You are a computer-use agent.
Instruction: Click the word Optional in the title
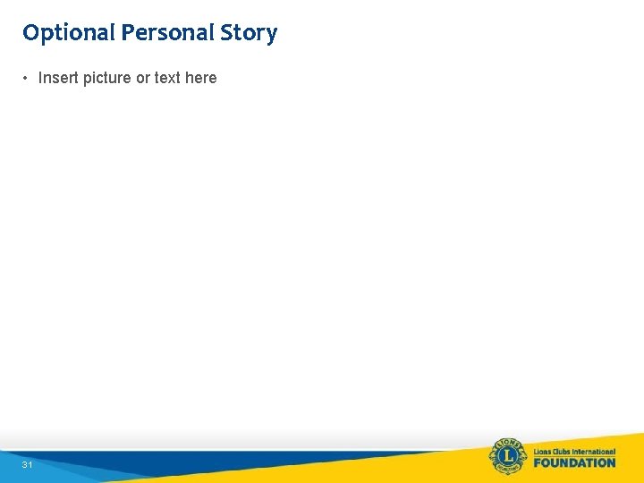[x=70, y=33]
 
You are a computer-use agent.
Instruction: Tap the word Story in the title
[x=251, y=33]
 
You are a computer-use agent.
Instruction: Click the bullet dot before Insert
[x=26, y=78]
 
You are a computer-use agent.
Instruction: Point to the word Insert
[x=58, y=78]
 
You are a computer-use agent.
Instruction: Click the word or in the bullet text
[x=143, y=78]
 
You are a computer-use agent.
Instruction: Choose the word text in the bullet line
[x=167, y=78]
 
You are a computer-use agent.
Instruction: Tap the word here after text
[x=200, y=78]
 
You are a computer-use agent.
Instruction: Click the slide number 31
[x=28, y=465]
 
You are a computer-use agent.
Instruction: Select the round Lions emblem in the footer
[x=508, y=456]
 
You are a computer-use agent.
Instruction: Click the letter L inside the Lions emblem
[x=508, y=456]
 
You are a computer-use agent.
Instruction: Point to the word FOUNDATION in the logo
[x=574, y=462]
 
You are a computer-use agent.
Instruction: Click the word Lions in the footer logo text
[x=543, y=450]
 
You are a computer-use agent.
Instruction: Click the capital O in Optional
[x=31, y=33]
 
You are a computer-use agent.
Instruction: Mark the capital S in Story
[x=234, y=33]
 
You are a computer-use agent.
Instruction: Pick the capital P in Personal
[x=128, y=33]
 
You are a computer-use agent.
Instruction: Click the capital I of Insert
[x=40, y=78]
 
